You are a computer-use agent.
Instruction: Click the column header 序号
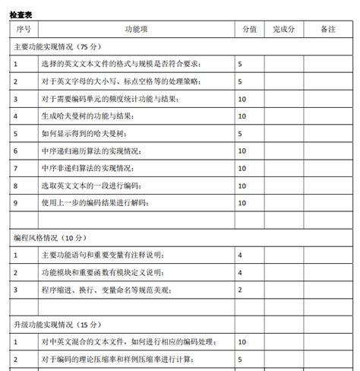23,29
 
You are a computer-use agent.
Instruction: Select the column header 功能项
135,29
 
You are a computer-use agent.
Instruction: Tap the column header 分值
248,29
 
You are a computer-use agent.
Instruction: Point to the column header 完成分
284,29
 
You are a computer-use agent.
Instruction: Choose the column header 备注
327,29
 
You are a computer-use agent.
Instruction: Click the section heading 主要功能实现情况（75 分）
57,46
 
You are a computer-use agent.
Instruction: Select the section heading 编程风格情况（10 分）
52,237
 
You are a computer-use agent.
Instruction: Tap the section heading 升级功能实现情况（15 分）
57,325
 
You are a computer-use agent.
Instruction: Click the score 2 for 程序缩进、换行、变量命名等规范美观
240,290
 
